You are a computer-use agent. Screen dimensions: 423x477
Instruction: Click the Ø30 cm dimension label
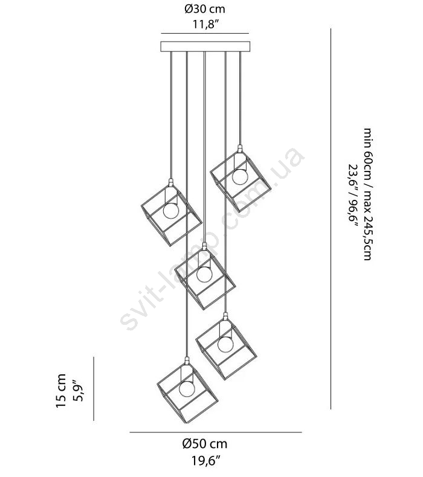205,9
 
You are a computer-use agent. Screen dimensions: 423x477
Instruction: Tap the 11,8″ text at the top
206,24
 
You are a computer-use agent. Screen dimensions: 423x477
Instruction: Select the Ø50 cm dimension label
205,444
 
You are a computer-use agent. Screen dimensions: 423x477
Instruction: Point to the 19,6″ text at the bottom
206,461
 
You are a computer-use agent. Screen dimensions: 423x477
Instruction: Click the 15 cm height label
61,391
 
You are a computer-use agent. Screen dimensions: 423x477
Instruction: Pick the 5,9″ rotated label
79,391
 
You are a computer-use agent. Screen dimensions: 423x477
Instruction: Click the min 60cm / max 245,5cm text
367,194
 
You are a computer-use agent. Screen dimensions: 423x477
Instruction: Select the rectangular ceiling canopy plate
205,46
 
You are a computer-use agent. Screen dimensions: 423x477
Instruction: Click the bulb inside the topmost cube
240,176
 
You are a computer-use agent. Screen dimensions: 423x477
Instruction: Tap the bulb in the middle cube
204,274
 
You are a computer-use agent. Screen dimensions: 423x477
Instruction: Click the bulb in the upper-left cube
171,211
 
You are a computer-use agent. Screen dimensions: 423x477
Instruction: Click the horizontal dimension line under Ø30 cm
205,33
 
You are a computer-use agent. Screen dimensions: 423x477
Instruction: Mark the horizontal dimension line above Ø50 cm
216,432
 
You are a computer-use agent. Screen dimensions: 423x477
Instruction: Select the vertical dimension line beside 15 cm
94,388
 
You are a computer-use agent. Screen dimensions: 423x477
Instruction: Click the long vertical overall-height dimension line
331,219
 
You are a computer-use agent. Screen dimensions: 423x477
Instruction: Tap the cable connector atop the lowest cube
187,361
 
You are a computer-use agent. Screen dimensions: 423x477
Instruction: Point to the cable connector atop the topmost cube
240,149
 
